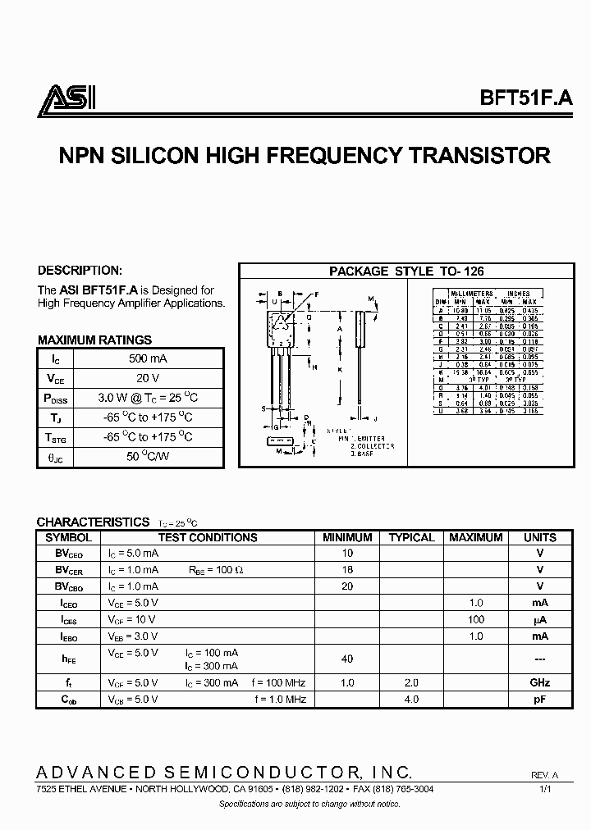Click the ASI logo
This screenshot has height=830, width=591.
[x=68, y=100]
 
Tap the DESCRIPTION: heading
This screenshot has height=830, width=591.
[x=80, y=270]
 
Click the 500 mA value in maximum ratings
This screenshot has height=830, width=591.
[x=148, y=358]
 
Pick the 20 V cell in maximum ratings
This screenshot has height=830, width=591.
[x=148, y=378]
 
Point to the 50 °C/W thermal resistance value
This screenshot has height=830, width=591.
[x=148, y=456]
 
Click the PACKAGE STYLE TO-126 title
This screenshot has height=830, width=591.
[x=405, y=271]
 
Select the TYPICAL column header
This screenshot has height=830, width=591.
[x=411, y=538]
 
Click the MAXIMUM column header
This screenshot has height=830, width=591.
[x=476, y=538]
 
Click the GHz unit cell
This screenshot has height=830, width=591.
[x=540, y=682]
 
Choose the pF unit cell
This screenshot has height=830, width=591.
[x=540, y=699]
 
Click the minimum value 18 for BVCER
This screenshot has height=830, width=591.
[x=347, y=569]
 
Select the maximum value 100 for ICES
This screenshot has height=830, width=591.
[x=476, y=619]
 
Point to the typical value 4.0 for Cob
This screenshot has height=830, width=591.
[x=411, y=699]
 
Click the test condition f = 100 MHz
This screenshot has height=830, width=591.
[x=279, y=682]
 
